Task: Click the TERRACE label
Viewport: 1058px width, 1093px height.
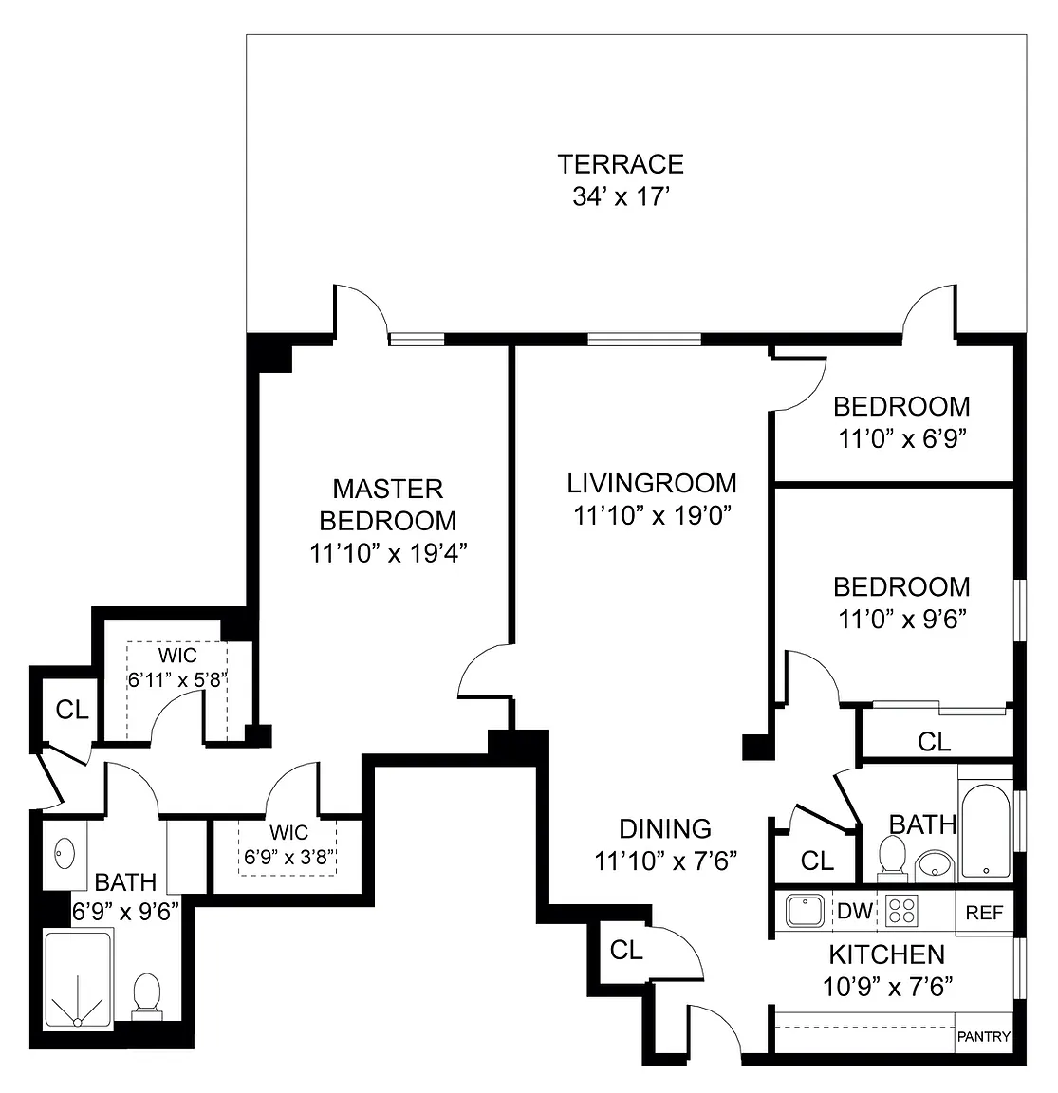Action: coord(621,164)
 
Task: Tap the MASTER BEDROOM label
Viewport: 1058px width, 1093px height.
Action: coord(387,505)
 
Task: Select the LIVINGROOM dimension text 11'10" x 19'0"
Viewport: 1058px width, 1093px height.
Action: coord(651,515)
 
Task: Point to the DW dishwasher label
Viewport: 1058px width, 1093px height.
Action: coord(854,911)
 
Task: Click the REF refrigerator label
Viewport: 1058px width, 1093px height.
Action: coord(984,913)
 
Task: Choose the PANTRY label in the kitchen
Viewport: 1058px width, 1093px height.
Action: coord(984,1037)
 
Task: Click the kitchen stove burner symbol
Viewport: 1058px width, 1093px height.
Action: coord(902,911)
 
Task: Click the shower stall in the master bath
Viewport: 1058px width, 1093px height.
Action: coord(78,979)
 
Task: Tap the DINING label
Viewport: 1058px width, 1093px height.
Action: coord(665,828)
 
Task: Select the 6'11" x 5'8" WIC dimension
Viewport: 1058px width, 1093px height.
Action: coord(177,679)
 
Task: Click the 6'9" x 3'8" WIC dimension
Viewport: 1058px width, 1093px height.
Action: coord(288,856)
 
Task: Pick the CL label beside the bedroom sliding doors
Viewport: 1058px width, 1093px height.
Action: coord(934,741)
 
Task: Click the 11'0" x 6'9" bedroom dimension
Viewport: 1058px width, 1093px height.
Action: coord(901,439)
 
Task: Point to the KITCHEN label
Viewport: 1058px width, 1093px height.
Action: coord(886,954)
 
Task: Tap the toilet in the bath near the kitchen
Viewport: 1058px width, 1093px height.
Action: coord(892,857)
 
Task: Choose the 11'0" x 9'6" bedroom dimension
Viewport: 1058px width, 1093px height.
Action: coord(901,619)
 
